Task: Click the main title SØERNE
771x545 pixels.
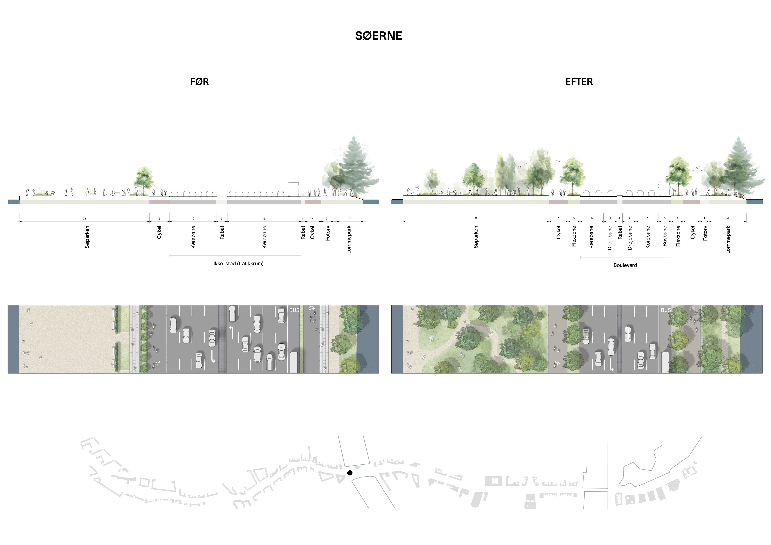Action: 378,36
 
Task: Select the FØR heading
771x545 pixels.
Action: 199,81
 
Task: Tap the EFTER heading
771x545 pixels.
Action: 579,81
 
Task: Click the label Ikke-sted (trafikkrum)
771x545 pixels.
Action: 238,264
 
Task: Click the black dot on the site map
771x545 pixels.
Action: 350,473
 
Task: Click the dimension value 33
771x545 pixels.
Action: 84,219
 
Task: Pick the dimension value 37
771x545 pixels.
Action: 476,218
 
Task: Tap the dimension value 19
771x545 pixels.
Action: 264,219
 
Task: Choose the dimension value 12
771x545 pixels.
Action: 193,219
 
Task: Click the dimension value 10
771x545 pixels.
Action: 727,218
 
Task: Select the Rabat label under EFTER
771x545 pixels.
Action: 620,232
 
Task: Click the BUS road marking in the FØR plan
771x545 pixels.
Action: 294,310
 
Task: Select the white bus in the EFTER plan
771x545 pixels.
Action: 665,362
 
